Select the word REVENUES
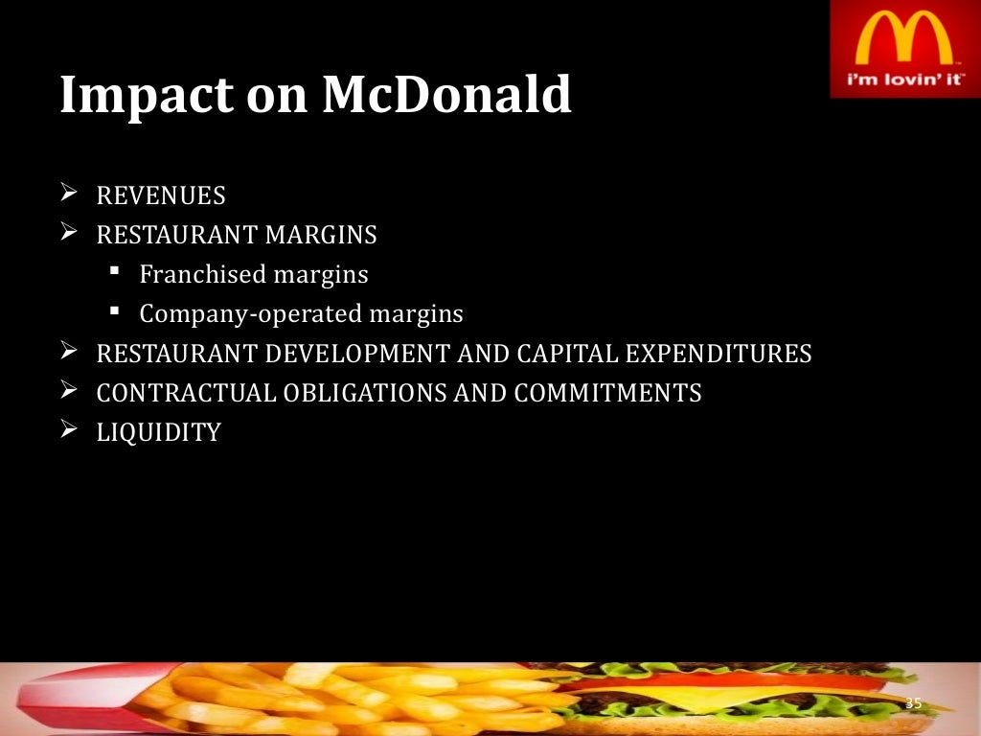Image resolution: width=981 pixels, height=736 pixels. pyautogui.click(x=161, y=196)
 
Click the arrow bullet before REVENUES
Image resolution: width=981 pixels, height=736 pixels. pyautogui.click(x=69, y=195)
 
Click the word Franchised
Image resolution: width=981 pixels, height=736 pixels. pyautogui.click(x=202, y=275)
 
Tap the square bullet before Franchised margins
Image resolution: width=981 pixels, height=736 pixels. pyautogui.click(x=114, y=273)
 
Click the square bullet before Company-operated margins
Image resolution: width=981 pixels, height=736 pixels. pyautogui.click(x=114, y=312)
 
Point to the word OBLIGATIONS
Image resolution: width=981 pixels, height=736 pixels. pyautogui.click(x=350, y=393)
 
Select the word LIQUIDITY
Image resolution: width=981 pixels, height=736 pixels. pyautogui.click(x=158, y=432)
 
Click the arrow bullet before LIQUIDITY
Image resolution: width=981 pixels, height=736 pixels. pyautogui.click(x=69, y=430)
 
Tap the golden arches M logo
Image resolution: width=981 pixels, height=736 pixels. pyautogui.click(x=905, y=38)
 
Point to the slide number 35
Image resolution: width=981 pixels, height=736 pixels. pyautogui.click(x=913, y=704)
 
